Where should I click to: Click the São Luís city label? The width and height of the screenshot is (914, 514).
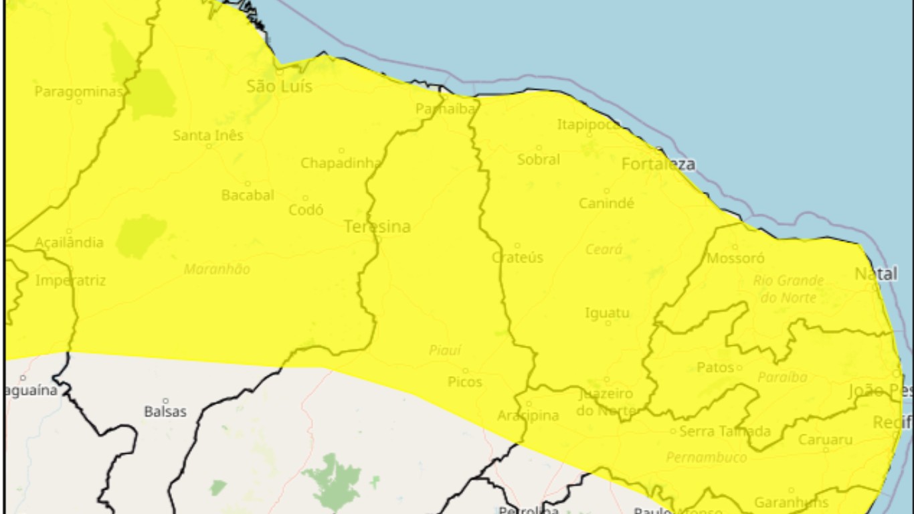[279, 86]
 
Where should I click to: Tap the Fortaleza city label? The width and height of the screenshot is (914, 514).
[658, 164]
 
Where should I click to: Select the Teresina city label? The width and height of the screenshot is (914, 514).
[377, 227]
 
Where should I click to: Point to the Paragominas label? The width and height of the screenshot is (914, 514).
[78, 91]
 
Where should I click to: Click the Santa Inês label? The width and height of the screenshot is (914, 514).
[208, 135]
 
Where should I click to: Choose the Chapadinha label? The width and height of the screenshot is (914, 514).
[341, 163]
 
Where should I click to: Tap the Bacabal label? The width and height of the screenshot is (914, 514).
[248, 195]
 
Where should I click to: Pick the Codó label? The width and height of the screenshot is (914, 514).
[306, 209]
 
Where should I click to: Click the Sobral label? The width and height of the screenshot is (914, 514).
[539, 159]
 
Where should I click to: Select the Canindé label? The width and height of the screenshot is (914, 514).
[606, 203]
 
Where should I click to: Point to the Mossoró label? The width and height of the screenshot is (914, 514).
[736, 258]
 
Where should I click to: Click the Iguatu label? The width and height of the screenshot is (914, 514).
[607, 313]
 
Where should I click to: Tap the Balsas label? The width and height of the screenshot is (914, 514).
[165, 411]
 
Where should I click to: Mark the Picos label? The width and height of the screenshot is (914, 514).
[465, 381]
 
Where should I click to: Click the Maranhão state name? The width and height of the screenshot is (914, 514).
[217, 269]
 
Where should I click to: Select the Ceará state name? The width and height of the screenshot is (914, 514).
[604, 250]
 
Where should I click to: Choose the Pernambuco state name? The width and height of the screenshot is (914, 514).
[707, 458]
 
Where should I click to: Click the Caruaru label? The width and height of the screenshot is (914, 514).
[825, 440]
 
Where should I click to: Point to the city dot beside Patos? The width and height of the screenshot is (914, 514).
[739, 367]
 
